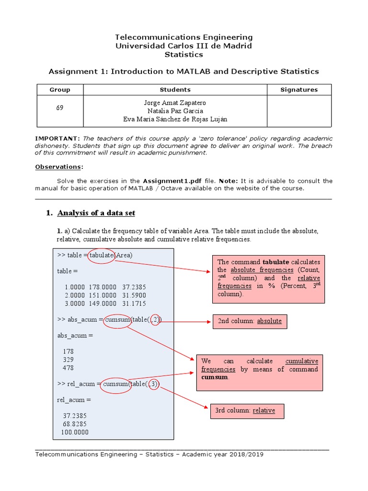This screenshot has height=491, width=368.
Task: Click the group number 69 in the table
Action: click(59, 108)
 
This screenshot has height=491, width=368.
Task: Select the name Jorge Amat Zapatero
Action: click(175, 103)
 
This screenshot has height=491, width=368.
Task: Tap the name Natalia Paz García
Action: click(175, 111)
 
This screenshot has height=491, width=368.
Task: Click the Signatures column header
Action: click(299, 90)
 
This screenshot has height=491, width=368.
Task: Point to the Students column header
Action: click(175, 90)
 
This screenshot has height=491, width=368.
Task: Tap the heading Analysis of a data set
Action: click(96, 213)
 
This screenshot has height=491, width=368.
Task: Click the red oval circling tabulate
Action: click(102, 255)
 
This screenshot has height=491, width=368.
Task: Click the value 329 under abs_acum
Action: click(68, 360)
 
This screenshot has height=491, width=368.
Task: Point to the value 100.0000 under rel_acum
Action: click(75, 432)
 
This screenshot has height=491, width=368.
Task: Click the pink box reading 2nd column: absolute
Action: click(250, 321)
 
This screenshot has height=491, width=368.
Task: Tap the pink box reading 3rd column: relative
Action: click(247, 410)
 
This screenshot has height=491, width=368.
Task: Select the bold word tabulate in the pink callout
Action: click(276, 262)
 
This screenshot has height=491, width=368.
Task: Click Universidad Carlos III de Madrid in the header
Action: click(184, 46)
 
